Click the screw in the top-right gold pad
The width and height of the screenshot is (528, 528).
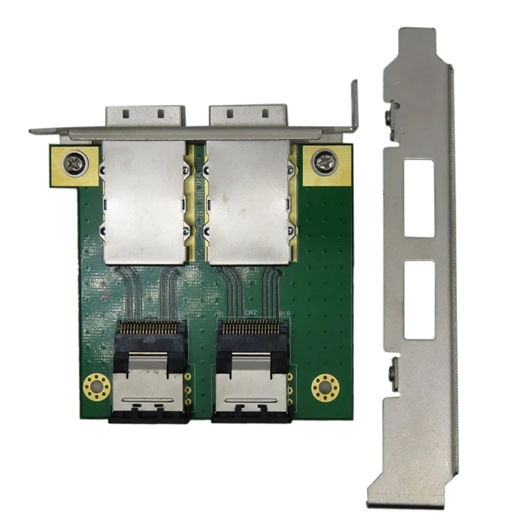click(x=325, y=161)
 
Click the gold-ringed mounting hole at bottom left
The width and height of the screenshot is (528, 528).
click(x=96, y=387)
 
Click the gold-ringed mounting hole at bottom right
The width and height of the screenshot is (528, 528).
click(x=325, y=387)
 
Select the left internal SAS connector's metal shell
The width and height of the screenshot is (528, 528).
click(x=150, y=389)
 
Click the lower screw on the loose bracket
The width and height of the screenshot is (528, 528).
click(x=393, y=373)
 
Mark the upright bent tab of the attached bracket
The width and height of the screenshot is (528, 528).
click(x=354, y=106)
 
